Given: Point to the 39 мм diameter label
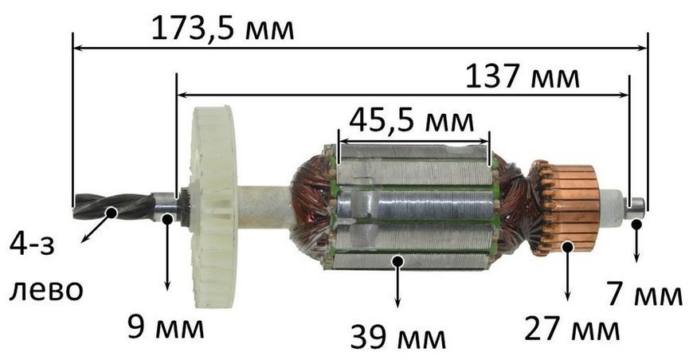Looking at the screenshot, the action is click(x=398, y=337).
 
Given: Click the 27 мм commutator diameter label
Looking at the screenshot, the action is click(x=571, y=328).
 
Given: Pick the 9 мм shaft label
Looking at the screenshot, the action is click(x=166, y=327).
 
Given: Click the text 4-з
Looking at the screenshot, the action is click(x=32, y=245).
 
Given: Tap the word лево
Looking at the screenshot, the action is click(x=46, y=290).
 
